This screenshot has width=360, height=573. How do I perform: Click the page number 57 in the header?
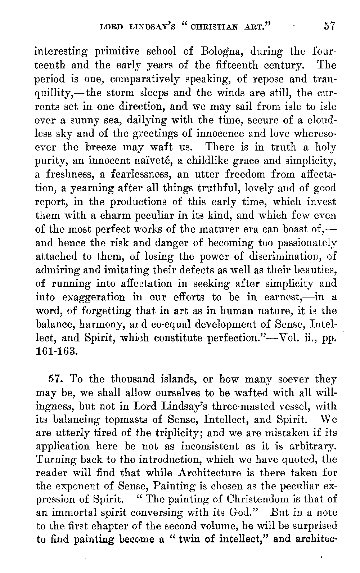tap(329, 27)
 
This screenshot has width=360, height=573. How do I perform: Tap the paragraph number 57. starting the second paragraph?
tap(55, 379)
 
